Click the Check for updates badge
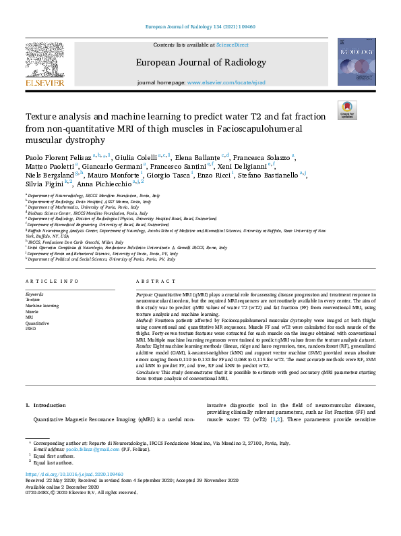346,110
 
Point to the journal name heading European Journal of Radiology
200,61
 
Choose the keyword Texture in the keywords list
34,300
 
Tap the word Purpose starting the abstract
147,295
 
